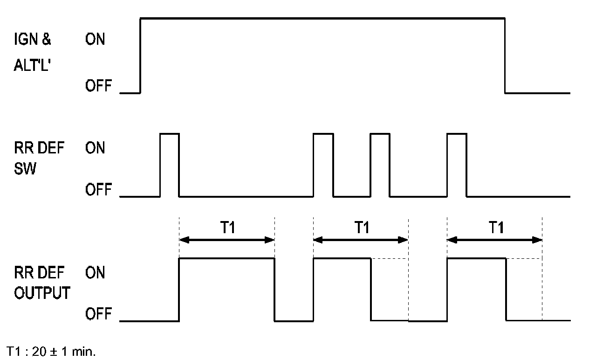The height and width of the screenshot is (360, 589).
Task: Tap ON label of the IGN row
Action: [95, 40]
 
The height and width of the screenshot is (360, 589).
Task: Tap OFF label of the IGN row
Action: [98, 86]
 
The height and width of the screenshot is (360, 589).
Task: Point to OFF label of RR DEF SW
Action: [98, 190]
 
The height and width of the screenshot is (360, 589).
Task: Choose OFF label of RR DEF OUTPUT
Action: [98, 315]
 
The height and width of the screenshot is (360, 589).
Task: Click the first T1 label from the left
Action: [227, 228]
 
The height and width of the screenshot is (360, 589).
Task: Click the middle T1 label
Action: [361, 228]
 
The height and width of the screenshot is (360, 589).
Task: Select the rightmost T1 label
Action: [496, 228]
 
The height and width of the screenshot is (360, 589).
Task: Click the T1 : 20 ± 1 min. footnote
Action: [51, 351]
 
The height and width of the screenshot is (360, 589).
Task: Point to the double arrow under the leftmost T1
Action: [227, 240]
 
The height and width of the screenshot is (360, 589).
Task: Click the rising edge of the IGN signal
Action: [141, 56]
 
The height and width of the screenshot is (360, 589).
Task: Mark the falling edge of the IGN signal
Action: [506, 56]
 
